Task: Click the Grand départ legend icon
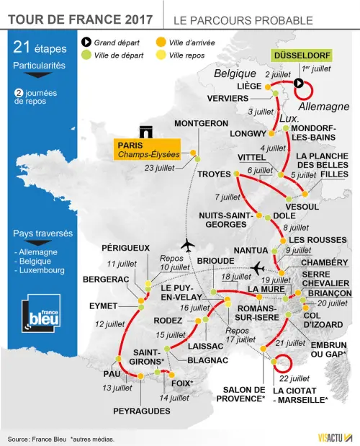(x=86, y=43)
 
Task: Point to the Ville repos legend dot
(x=161, y=55)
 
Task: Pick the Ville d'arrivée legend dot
(x=161, y=43)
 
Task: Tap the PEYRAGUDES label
(x=141, y=411)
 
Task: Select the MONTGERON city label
(x=201, y=123)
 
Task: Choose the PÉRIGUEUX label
(x=125, y=248)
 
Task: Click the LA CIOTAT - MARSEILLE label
(x=300, y=396)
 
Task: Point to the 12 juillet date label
(x=109, y=324)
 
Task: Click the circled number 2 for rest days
(x=18, y=92)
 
